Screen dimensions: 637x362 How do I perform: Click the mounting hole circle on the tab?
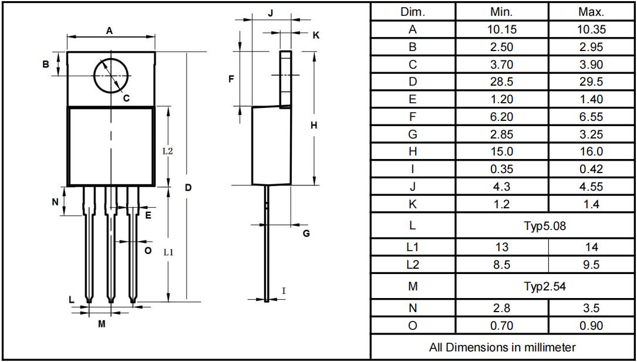pos(95,76)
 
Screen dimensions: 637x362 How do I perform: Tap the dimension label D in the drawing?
pos(188,188)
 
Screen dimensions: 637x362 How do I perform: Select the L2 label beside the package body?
pos(168,151)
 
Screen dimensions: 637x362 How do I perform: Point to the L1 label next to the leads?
pos(168,252)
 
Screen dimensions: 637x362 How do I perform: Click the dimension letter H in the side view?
pos(314,126)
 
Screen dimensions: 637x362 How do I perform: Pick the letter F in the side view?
pos(231,79)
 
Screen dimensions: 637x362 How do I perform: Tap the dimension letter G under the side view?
pos(306,234)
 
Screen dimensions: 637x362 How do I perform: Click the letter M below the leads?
pos(102,324)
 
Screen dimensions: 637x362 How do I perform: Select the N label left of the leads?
pos(55,201)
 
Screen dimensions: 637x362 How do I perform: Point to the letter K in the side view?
pos(316,35)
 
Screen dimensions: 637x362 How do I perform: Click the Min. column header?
pos(502,12)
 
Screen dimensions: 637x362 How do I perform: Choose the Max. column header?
pos(591,12)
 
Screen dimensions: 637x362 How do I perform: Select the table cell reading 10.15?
pos(502,29)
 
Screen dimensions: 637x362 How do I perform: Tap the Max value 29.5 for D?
pos(591,82)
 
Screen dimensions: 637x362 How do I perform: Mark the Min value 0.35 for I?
pos(502,169)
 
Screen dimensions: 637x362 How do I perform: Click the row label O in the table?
pos(412,326)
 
